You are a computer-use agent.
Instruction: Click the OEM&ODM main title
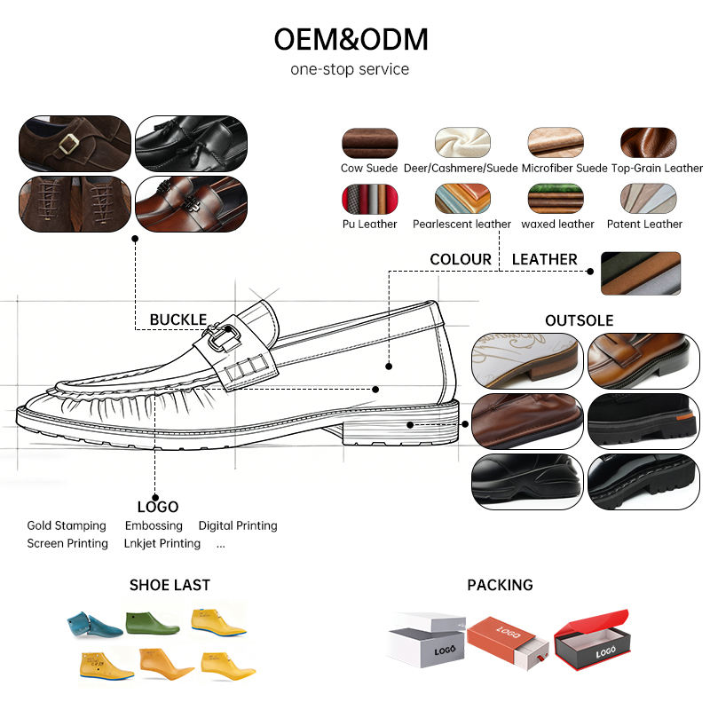pyautogui.click(x=351, y=39)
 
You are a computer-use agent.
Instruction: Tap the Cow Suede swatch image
pyautogui.click(x=369, y=143)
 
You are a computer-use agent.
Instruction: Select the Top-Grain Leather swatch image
pyautogui.click(x=648, y=143)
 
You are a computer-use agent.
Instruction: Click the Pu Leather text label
pyautogui.click(x=369, y=224)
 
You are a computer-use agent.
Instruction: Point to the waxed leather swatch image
pyautogui.click(x=556, y=198)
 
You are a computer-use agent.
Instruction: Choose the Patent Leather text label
pyautogui.click(x=644, y=224)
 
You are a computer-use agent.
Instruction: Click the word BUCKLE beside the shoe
pyautogui.click(x=178, y=319)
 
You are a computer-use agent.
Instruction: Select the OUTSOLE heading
pyautogui.click(x=580, y=320)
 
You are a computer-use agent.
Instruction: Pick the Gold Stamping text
pyautogui.click(x=67, y=525)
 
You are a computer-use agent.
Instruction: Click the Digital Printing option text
pyautogui.click(x=238, y=525)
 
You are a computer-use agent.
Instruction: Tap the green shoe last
pyautogui.click(x=153, y=623)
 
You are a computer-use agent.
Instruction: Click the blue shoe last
pyautogui.click(x=93, y=625)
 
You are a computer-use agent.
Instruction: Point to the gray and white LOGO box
pyautogui.click(x=427, y=640)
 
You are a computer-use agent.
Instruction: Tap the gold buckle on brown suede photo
pyautogui.click(x=68, y=144)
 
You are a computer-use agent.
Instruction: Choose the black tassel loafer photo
pyautogui.click(x=191, y=144)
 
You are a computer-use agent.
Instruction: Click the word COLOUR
pyautogui.click(x=461, y=259)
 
